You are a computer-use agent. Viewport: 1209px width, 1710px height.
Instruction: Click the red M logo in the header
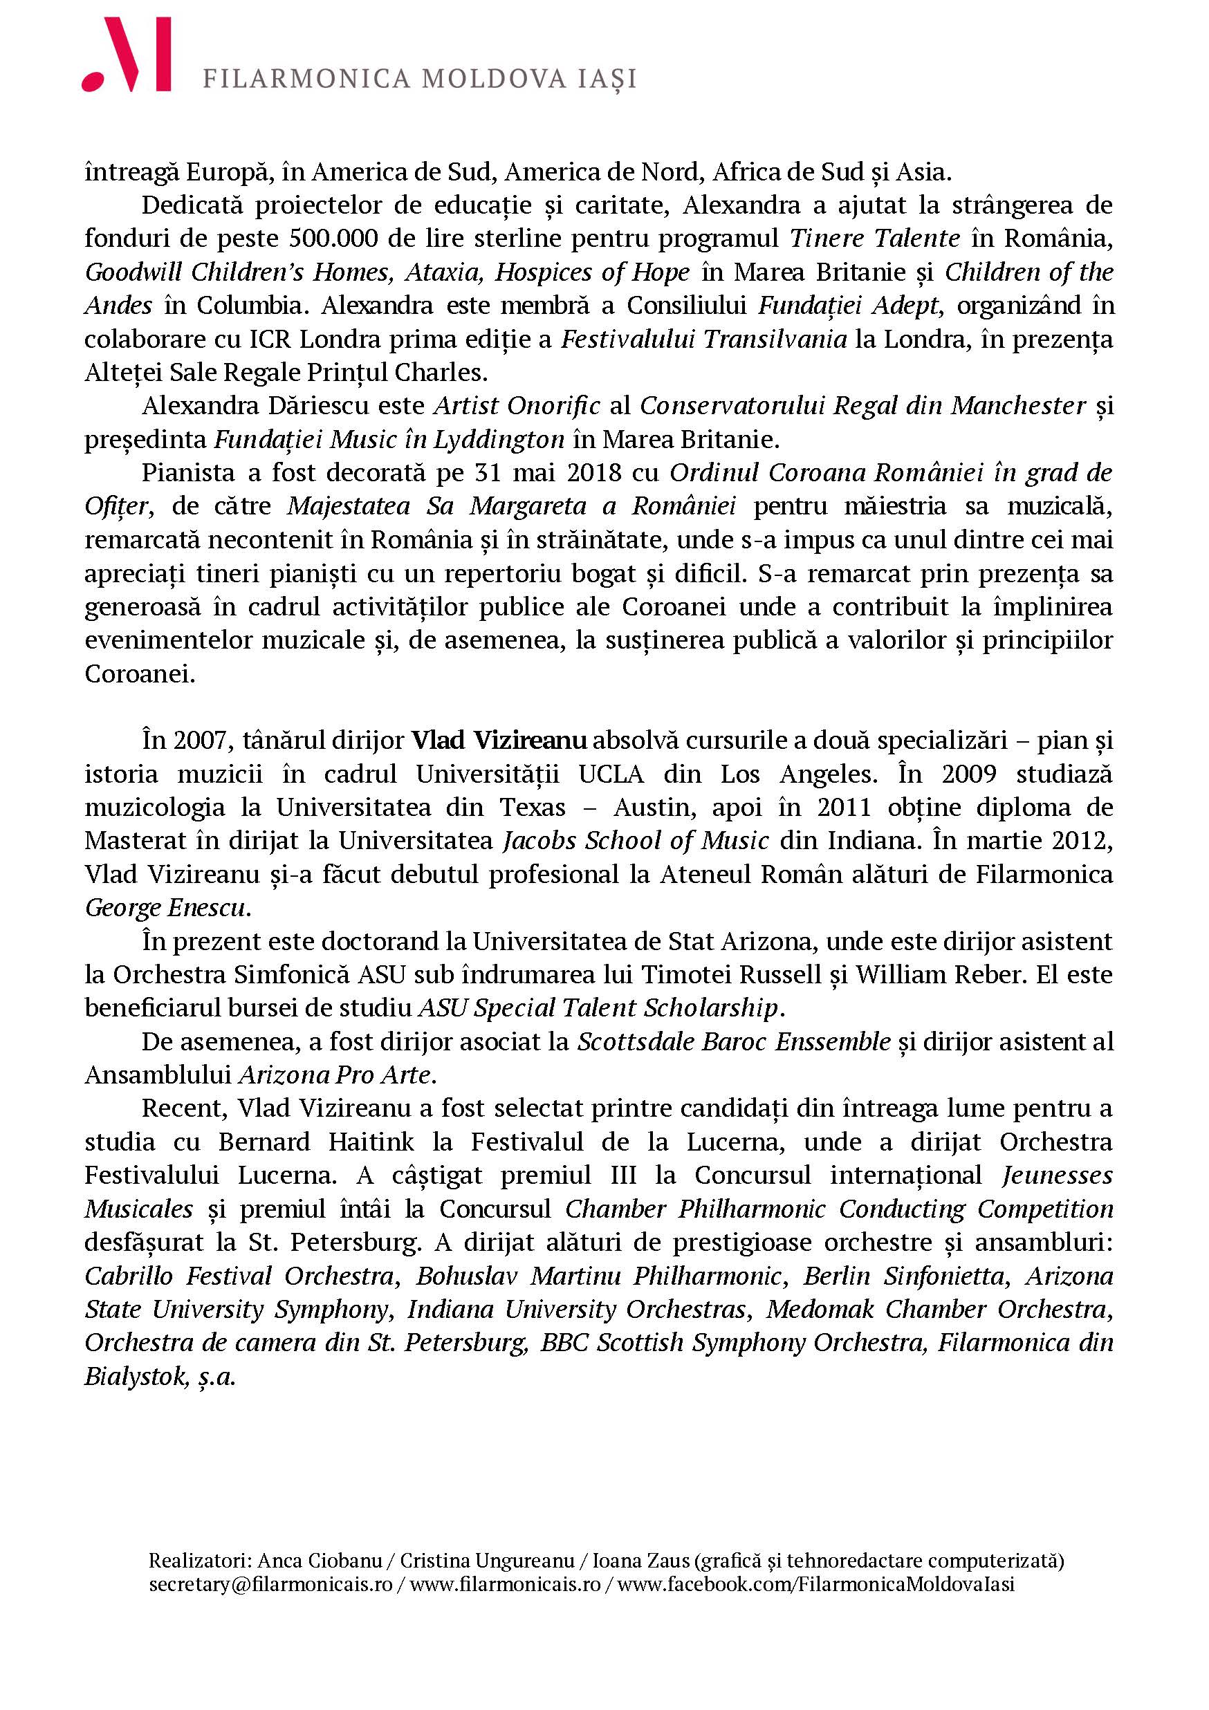[127, 55]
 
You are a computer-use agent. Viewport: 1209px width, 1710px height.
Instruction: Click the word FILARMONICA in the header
[306, 79]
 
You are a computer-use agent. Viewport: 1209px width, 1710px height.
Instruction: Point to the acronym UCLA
[611, 774]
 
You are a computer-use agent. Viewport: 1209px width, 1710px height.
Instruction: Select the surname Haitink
[371, 1142]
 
